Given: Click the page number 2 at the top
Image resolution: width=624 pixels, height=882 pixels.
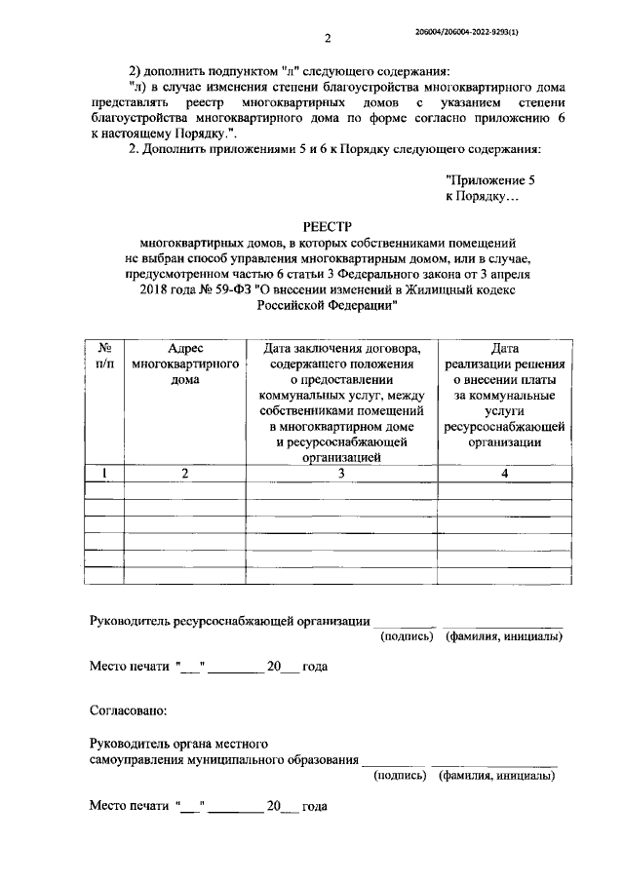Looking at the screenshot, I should [328, 38].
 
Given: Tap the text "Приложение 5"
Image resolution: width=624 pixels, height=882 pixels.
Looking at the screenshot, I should [489, 180].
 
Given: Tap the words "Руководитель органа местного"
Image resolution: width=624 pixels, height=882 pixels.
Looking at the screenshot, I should [177, 745].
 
